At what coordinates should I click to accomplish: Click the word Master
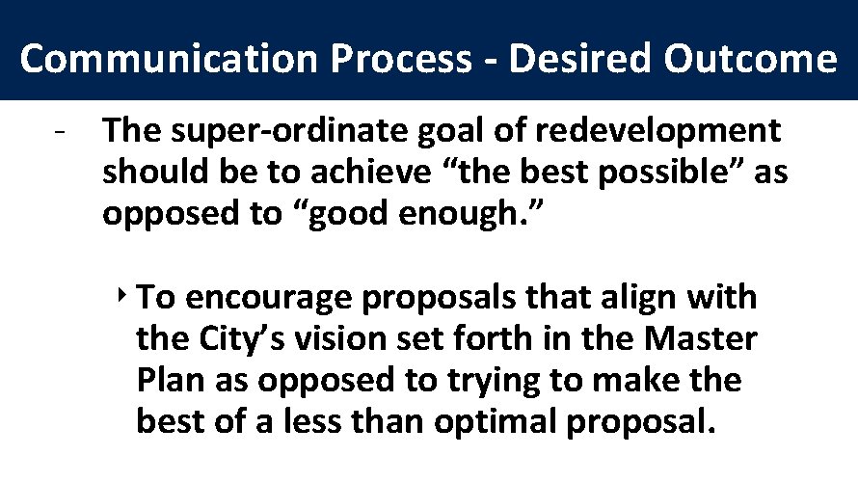click(x=703, y=339)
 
